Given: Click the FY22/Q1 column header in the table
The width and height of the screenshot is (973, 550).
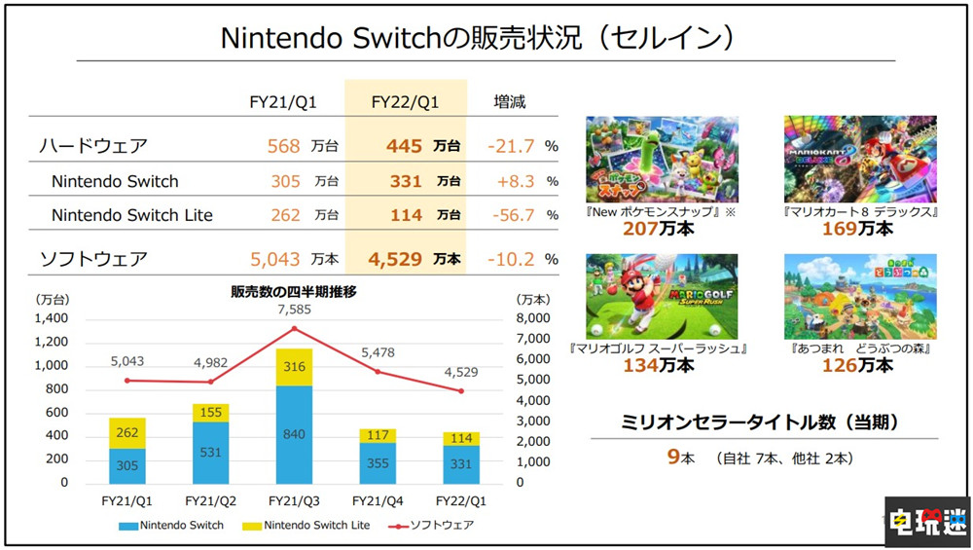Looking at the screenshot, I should click(405, 101).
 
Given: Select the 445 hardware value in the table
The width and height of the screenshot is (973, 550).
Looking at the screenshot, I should click(404, 146).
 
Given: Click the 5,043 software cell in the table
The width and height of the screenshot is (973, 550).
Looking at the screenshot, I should click(275, 259).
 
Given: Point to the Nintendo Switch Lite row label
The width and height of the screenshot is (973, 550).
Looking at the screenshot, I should click(131, 215).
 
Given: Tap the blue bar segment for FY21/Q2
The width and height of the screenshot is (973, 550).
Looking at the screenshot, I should click(210, 453).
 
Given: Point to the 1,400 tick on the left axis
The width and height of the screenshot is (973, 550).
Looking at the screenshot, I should click(51, 318).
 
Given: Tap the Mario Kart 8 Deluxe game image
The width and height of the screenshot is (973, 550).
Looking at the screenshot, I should click(860, 160).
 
